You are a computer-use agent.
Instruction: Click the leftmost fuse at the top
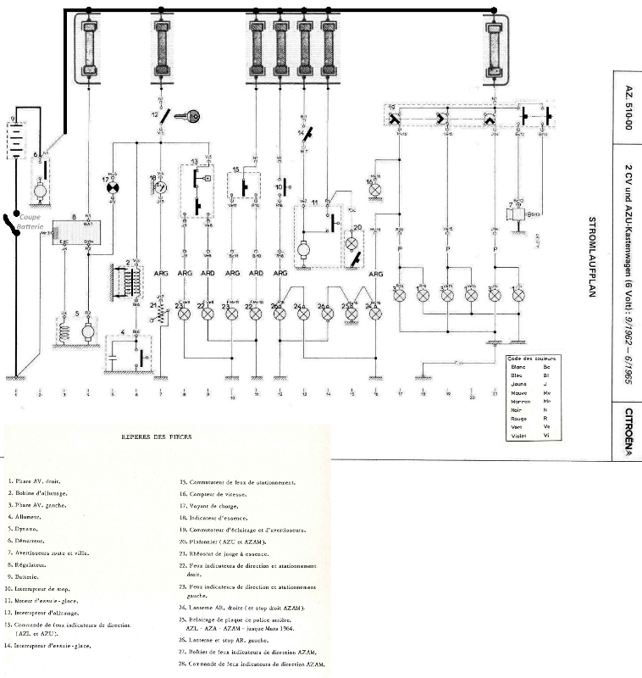point(89,49)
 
